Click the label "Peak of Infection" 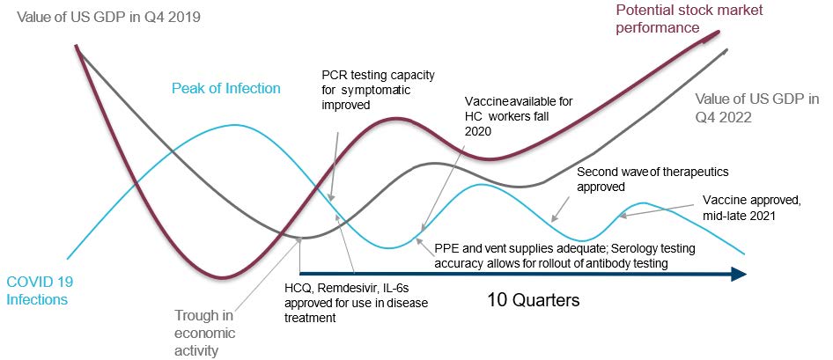click(225, 88)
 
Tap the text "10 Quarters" click(533, 300)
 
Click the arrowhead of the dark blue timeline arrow click(739, 274)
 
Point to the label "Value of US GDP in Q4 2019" click(109, 17)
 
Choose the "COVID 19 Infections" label click(37, 290)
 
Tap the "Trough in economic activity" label click(204, 334)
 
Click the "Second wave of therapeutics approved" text click(652, 179)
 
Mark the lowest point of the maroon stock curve click(223, 277)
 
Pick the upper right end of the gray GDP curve click(726, 50)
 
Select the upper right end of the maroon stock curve click(719, 33)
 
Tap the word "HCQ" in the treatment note click(295, 290)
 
